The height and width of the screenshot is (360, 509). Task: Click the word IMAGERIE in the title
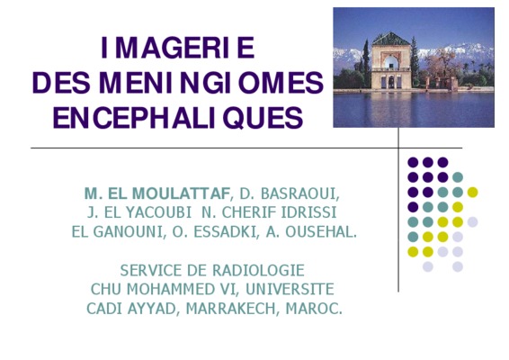click(x=177, y=48)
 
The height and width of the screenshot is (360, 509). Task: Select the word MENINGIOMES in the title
click(x=211, y=83)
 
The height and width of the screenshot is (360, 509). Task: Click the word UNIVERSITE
click(x=290, y=289)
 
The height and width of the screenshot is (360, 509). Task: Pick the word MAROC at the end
click(x=311, y=309)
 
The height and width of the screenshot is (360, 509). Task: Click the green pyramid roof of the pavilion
click(x=391, y=40)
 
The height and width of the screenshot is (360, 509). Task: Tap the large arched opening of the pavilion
click(x=390, y=61)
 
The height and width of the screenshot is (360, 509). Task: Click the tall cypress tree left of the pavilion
click(x=366, y=62)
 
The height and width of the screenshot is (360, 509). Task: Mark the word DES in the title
click(x=61, y=83)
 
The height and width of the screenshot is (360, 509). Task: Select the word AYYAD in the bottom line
click(x=152, y=309)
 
